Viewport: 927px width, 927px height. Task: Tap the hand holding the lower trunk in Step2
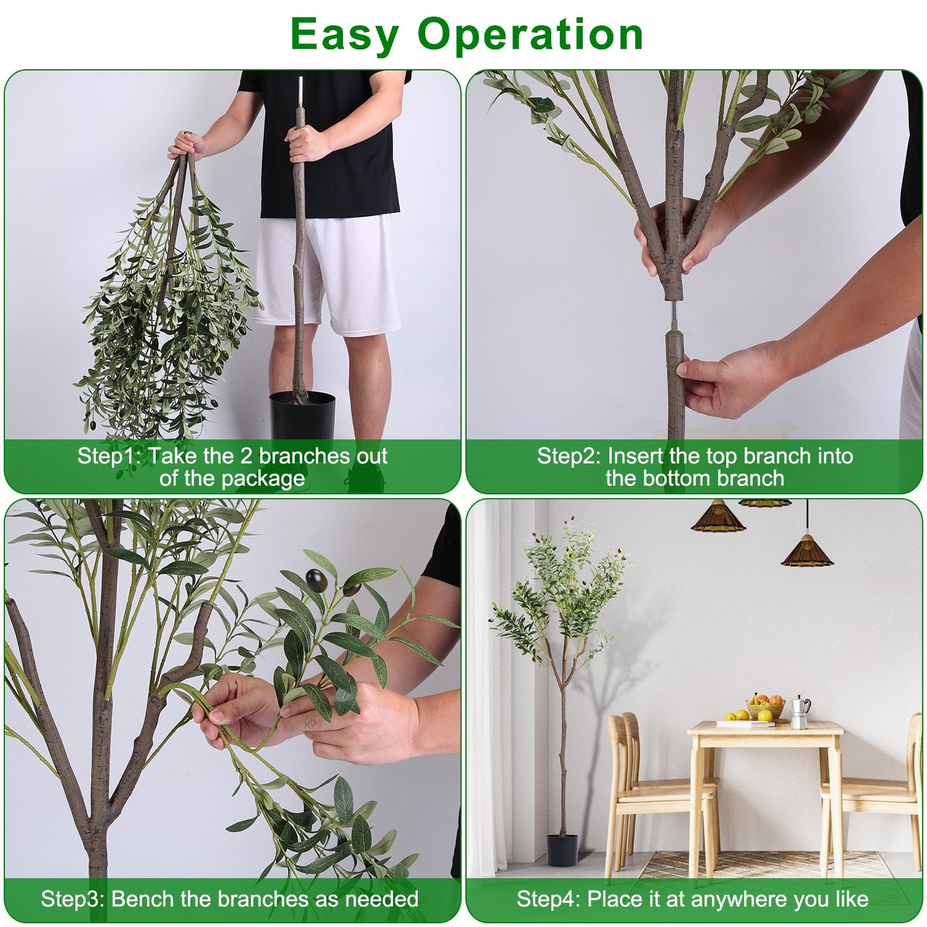[x=723, y=380]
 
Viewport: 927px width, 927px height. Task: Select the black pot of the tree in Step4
[x=562, y=849]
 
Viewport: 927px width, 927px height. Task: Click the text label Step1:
[x=109, y=456]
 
